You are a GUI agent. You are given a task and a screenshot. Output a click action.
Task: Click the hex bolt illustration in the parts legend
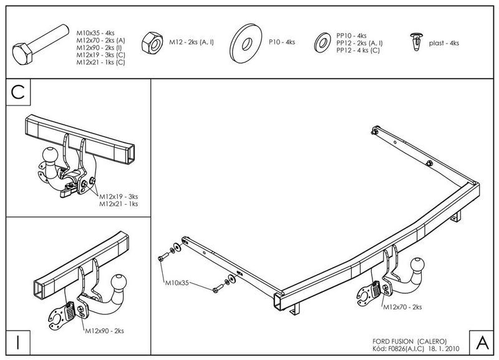pos(41,45)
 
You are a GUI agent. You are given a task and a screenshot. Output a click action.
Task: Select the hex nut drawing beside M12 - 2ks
pos(152,42)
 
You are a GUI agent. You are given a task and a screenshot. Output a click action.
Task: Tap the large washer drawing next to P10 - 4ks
pos(246,42)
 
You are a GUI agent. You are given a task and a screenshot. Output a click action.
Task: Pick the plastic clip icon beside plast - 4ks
pos(416,42)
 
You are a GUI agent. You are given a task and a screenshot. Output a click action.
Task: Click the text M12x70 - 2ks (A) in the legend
pos(100,41)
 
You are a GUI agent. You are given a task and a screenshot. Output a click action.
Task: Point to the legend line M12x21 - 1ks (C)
pos(100,62)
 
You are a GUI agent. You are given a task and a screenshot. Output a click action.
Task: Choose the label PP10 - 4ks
pos(351,36)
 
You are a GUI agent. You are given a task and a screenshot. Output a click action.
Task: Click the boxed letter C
pos(18,92)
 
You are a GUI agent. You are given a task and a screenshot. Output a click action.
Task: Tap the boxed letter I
pos(18,343)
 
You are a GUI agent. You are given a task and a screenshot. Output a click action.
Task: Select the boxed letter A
pos(482,343)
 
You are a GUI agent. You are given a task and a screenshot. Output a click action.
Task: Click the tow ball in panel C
pos(51,155)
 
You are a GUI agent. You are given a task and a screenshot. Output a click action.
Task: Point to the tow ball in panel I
pos(119,283)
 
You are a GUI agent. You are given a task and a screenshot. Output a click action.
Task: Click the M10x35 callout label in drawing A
pos(177,283)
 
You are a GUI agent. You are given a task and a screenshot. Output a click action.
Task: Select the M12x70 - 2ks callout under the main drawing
pos(402,307)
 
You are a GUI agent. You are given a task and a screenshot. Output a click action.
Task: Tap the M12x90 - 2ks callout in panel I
pos(104,331)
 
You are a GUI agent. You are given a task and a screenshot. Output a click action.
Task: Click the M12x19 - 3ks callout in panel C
pos(119,197)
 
